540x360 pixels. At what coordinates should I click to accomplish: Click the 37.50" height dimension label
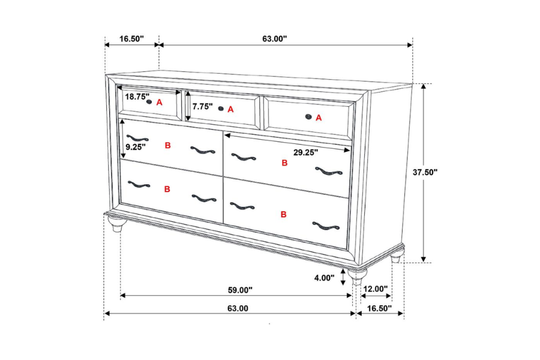point(425,172)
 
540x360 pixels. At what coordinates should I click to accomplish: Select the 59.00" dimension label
point(240,290)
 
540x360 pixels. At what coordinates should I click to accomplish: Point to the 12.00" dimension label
point(376,289)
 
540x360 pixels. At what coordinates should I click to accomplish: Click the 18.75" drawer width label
point(137,97)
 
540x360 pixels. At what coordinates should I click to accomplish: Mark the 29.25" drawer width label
point(305,152)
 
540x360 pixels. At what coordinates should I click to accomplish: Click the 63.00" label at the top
point(274,39)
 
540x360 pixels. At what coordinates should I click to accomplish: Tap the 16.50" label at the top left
point(131,39)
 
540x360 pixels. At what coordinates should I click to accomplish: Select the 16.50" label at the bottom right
point(379,308)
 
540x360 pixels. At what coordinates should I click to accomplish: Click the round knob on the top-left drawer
point(148,102)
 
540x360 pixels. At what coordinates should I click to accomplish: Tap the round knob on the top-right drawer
point(308,116)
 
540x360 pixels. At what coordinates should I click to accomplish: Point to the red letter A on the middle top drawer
point(230,109)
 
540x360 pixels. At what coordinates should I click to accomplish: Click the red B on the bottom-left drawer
point(167,189)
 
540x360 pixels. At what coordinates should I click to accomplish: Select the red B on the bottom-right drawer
point(283,214)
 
